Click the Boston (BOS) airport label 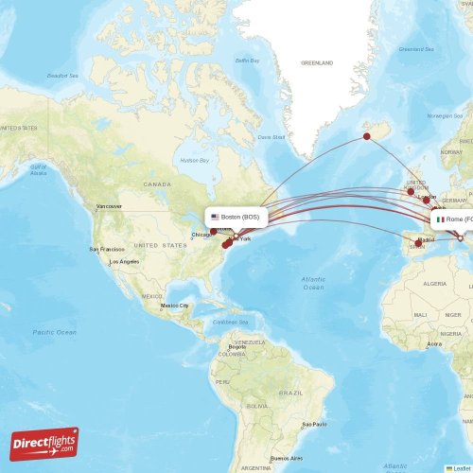coord(237,217)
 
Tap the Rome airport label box coord(452,219)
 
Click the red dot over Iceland coord(367,137)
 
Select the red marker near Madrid coord(418,243)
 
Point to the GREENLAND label coord(317,63)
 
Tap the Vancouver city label coord(109,205)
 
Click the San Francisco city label coord(106,249)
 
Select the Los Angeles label coord(126,261)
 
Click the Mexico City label coord(174,306)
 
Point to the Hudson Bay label coord(194,161)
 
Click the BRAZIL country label coord(291,392)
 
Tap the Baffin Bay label coord(248,61)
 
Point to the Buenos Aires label coord(285,458)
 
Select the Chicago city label coord(202,235)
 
